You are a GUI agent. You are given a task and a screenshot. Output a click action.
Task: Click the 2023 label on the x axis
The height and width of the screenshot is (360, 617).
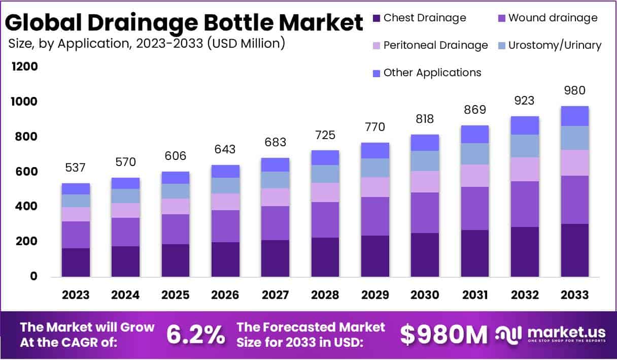click(x=76, y=295)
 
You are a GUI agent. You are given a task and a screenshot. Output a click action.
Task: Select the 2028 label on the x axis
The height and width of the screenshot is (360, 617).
click(x=325, y=295)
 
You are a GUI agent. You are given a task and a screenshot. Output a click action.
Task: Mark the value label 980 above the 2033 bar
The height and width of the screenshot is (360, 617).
click(x=574, y=91)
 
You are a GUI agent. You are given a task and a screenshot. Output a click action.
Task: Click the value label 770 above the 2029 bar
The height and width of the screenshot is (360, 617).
click(x=375, y=126)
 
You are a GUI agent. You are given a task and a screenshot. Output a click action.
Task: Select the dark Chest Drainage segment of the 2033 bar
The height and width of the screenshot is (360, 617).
click(x=574, y=250)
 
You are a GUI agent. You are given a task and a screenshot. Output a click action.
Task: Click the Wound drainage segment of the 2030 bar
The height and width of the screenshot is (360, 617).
click(x=425, y=213)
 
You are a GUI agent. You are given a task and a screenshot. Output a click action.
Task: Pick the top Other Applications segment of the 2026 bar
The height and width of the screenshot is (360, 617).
click(x=225, y=171)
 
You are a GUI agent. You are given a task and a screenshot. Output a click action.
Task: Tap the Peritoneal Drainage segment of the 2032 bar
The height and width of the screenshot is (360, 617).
click(x=525, y=169)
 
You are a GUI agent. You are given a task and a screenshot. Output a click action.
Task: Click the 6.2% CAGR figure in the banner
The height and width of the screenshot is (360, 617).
click(x=195, y=335)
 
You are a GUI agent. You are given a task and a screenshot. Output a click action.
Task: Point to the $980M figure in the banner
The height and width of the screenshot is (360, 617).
click(x=443, y=335)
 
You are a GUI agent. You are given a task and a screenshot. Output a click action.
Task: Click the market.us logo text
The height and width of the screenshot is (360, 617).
click(x=566, y=333)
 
